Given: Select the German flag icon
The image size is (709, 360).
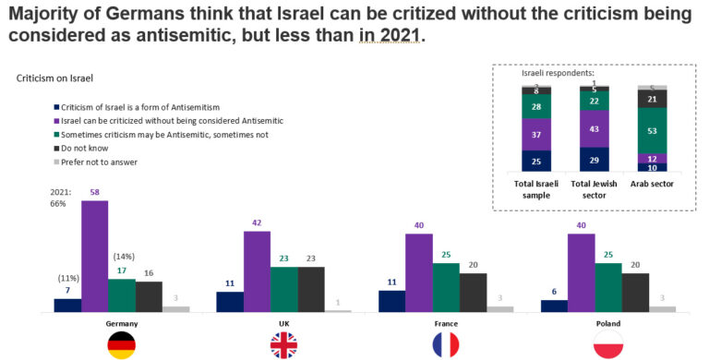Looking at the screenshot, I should click(121, 345).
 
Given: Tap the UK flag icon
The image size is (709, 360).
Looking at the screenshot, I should click(283, 345).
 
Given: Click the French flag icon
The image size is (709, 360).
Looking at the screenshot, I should click(446, 345).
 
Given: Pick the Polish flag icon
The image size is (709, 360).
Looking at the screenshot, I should click(608, 345).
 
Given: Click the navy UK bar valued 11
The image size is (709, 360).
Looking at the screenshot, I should click(230, 302).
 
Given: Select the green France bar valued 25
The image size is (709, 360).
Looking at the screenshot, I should click(446, 287).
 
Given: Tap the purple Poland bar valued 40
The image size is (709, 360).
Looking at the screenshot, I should click(582, 272).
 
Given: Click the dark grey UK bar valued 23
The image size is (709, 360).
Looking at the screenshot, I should click(311, 289).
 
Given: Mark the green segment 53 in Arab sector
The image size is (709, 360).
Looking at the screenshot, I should click(652, 131).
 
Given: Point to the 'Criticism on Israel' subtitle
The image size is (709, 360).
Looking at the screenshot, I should click(54, 80).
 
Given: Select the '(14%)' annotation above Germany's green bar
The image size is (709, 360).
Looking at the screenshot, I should click(125, 258).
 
